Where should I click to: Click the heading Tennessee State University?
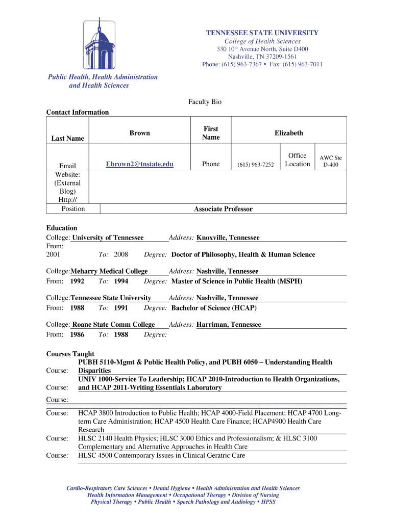(262, 33)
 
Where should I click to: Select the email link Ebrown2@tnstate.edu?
(139, 164)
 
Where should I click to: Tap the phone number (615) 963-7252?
(256, 165)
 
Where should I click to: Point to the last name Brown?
(139, 133)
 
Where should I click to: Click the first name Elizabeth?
(288, 133)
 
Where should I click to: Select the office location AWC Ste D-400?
(330, 162)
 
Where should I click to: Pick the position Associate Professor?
(223, 209)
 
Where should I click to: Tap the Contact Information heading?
(78, 112)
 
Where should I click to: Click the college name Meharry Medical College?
(109, 271)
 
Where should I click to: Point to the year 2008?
(121, 254)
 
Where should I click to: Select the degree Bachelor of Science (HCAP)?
(214, 308)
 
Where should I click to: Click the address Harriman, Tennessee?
(228, 324)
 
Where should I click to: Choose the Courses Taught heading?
(70, 354)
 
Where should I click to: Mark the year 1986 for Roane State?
(77, 334)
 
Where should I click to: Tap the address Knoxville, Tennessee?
(228, 238)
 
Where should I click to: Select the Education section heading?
(62, 228)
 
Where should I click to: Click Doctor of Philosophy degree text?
(243, 254)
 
